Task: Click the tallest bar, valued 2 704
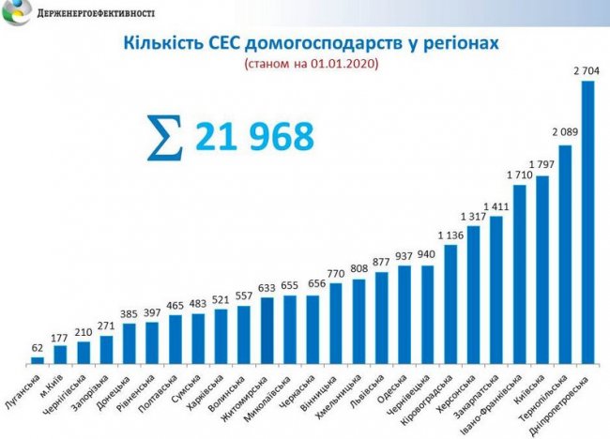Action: pos(587,221)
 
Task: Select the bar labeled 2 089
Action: pos(565,253)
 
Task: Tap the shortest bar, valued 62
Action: pos(38,359)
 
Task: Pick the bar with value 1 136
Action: pos(450,303)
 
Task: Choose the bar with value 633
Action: pos(267,329)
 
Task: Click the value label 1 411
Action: pos(496,205)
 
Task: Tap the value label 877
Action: pos(382,262)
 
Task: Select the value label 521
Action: pos(221,299)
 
